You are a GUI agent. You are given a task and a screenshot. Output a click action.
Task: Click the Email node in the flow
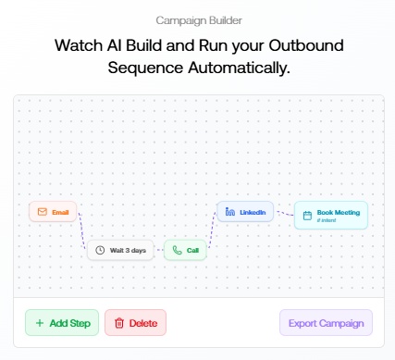pyautogui.click(x=54, y=212)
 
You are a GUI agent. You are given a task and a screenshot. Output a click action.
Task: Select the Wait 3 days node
pyautogui.click(x=120, y=250)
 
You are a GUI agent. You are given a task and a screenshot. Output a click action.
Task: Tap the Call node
pyautogui.click(x=185, y=250)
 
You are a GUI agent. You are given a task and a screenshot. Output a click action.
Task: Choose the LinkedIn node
pyautogui.click(x=245, y=212)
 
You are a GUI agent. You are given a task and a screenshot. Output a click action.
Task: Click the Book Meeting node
pyautogui.click(x=330, y=215)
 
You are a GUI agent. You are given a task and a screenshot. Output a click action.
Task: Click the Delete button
pyautogui.click(x=135, y=323)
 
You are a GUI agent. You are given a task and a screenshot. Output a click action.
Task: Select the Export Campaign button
pyautogui.click(x=326, y=323)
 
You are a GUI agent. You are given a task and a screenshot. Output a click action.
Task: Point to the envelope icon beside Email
pyautogui.click(x=41, y=212)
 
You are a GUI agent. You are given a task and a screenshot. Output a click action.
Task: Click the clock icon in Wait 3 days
pyautogui.click(x=100, y=250)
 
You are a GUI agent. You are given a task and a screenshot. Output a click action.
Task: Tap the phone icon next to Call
pyautogui.click(x=176, y=250)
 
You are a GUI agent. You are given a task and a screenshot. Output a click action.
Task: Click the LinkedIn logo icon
pyautogui.click(x=230, y=212)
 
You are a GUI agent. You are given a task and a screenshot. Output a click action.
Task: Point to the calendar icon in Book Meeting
pyautogui.click(x=307, y=215)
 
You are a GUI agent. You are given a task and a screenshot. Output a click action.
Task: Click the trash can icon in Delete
pyautogui.click(x=118, y=323)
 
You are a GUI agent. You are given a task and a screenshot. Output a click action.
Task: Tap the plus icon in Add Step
pyautogui.click(x=39, y=323)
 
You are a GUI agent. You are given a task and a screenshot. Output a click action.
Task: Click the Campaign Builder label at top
pyautogui.click(x=197, y=19)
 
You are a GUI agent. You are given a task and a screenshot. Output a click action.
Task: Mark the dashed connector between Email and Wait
pyautogui.click(x=83, y=231)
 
